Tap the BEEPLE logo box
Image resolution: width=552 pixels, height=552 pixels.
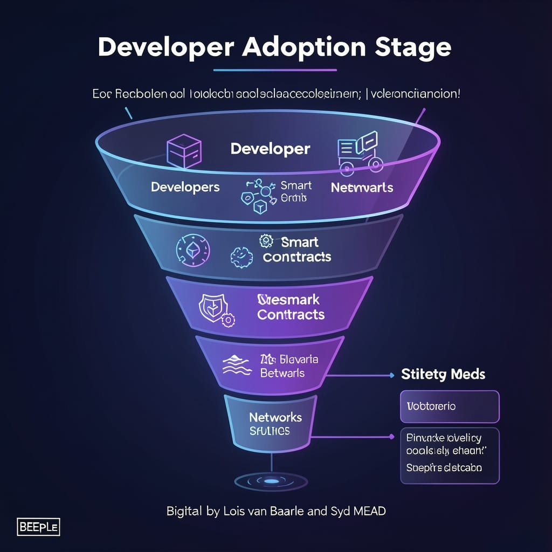38,527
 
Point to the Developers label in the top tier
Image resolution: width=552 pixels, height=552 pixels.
185,187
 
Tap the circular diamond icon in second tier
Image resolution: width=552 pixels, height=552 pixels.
193,251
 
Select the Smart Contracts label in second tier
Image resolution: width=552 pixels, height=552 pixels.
296,250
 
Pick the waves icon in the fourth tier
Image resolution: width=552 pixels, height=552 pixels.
237,366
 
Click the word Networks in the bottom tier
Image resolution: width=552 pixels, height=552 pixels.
275,417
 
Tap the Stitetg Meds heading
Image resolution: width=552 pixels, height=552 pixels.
443,374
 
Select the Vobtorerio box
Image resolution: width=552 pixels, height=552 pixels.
450,406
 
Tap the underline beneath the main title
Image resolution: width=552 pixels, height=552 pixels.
275,70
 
